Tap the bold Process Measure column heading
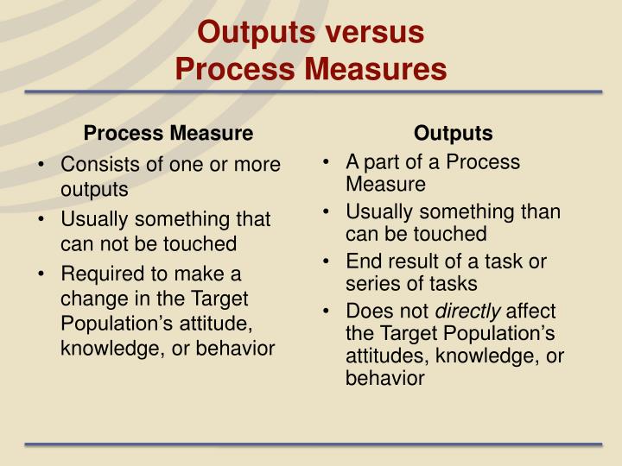click(168, 134)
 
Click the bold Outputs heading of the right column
click(454, 134)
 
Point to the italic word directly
click(467, 311)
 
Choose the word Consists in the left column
click(94, 164)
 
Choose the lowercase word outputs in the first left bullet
click(94, 188)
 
